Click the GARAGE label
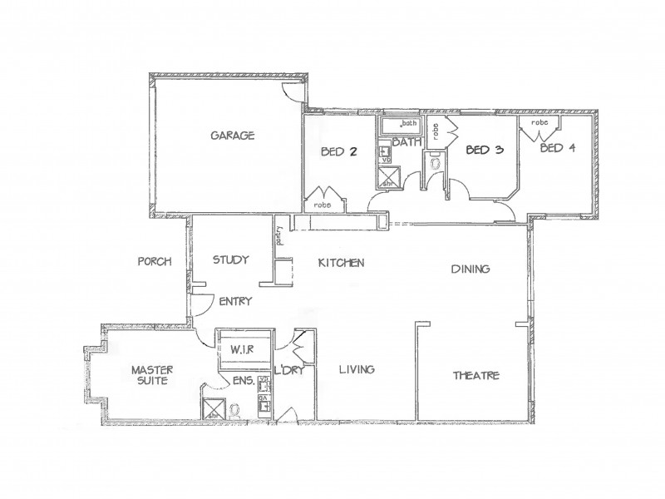pyautogui.click(x=232, y=136)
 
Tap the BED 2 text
pyautogui.click(x=338, y=152)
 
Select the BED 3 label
pyautogui.click(x=484, y=151)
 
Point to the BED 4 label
pyautogui.click(x=558, y=149)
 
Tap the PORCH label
pyautogui.click(x=155, y=261)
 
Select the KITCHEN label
pyautogui.click(x=341, y=263)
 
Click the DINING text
pyautogui.click(x=470, y=269)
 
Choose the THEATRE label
pyautogui.click(x=475, y=375)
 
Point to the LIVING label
pyautogui.click(x=355, y=369)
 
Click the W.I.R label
pyautogui.click(x=241, y=348)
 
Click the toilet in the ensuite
pyautogui.click(x=235, y=408)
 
